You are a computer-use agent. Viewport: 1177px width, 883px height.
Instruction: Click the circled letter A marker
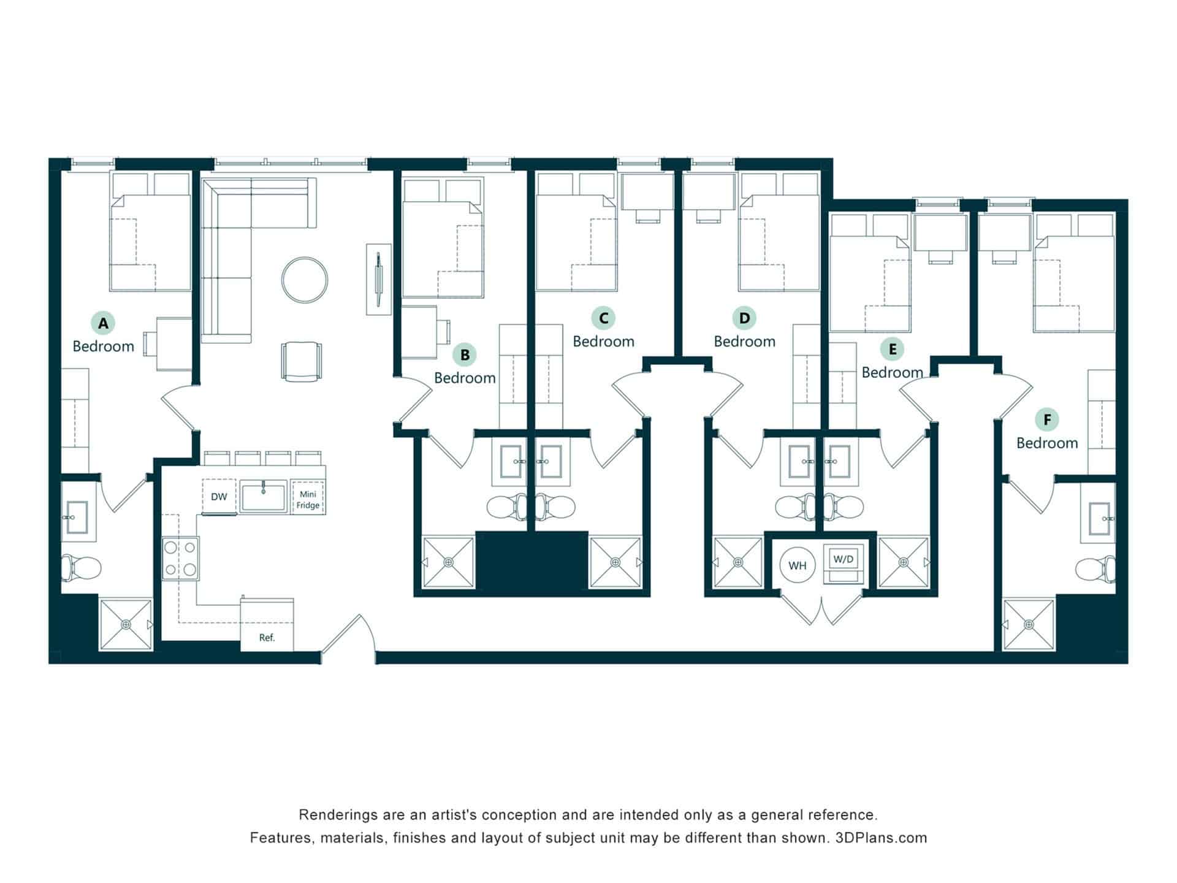[103, 323]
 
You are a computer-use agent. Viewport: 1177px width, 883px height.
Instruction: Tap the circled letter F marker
[1047, 420]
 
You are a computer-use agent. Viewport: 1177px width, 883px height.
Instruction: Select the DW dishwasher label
[219, 497]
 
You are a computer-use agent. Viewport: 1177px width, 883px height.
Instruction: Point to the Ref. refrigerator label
[267, 638]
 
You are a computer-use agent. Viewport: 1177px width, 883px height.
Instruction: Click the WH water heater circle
[797, 565]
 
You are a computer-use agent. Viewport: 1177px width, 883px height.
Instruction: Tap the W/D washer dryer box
[844, 559]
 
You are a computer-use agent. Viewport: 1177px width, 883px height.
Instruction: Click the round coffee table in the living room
[304, 280]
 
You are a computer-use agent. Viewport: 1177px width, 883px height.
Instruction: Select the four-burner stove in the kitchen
[180, 559]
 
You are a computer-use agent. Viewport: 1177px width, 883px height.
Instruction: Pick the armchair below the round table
[301, 361]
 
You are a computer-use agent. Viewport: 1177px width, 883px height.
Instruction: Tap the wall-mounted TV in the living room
[379, 279]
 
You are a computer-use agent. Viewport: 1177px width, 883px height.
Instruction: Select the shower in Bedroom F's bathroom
[1029, 624]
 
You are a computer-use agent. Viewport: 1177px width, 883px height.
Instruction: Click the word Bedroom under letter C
[603, 342]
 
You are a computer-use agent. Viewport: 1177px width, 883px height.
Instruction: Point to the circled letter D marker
[744, 318]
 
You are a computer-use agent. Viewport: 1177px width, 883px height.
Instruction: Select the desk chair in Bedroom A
[149, 343]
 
